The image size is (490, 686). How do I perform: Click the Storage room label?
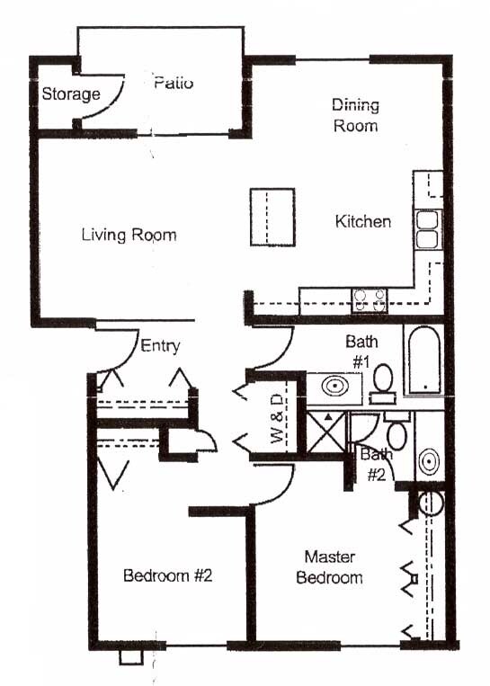click(71, 94)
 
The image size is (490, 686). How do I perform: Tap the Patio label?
click(174, 84)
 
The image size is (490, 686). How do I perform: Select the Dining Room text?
click(355, 115)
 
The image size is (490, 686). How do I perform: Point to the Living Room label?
click(129, 236)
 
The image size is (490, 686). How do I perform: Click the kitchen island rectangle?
click(272, 216)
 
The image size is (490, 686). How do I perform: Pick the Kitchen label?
click(363, 221)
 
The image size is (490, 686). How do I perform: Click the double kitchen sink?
click(427, 228)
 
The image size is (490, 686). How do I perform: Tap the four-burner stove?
click(369, 298)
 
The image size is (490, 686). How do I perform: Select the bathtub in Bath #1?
click(423, 361)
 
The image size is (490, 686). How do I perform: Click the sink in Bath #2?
click(429, 460)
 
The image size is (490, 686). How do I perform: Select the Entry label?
click(161, 345)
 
